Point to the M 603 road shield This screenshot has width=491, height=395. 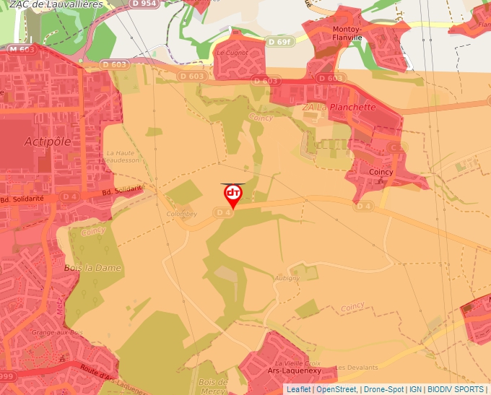22,49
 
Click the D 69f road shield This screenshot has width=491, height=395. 279,42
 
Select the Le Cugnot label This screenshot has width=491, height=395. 232,53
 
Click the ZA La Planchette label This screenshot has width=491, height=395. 339,107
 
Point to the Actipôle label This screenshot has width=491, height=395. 48,141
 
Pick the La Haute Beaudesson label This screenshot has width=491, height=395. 122,157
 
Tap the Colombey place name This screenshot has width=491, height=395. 181,214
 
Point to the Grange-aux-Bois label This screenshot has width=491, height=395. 57,332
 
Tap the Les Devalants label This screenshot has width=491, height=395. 357,368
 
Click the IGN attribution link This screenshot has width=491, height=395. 415,389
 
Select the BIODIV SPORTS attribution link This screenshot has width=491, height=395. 456,389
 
